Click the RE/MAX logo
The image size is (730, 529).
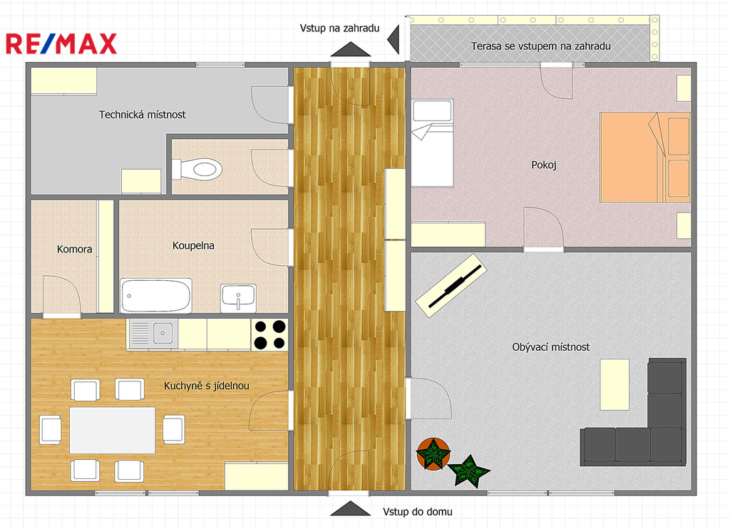(x=61, y=43)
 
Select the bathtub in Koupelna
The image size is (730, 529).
(x=156, y=296)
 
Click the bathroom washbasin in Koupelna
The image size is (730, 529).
(x=238, y=298)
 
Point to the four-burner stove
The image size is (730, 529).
(x=269, y=334)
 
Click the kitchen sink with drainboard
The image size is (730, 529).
(x=153, y=334)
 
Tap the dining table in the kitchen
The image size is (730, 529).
(x=112, y=430)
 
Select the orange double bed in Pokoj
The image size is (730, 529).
(x=644, y=157)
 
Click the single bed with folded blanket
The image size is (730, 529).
(x=432, y=143)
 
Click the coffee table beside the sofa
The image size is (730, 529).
(x=615, y=384)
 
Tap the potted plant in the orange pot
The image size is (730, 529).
(x=433, y=453)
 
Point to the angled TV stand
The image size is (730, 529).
(x=451, y=285)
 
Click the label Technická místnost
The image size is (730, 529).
(x=142, y=115)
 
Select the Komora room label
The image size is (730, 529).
(x=74, y=249)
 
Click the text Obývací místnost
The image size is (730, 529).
(x=551, y=347)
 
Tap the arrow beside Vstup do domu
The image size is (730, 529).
(x=351, y=508)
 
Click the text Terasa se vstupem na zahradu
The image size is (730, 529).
(x=540, y=46)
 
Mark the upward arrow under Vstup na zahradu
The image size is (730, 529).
(x=351, y=49)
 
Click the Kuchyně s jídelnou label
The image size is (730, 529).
(x=206, y=386)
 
